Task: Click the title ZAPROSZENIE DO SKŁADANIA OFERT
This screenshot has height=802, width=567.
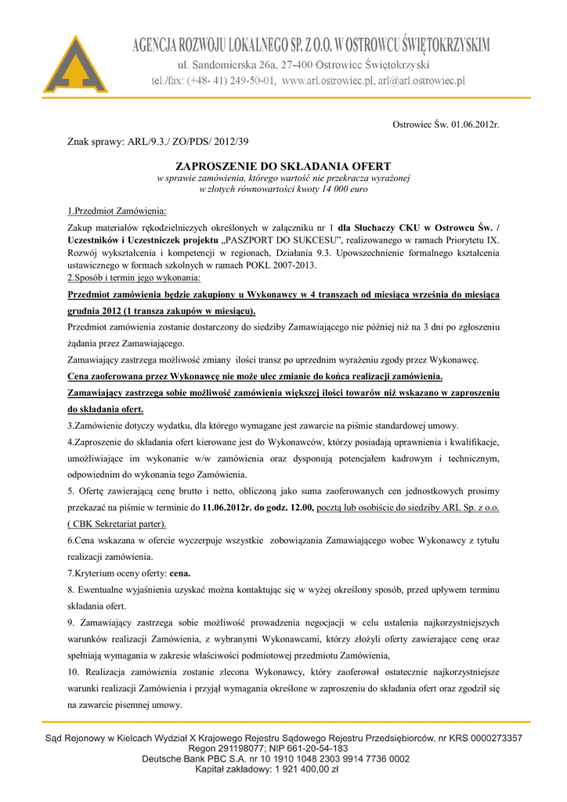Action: [283, 166]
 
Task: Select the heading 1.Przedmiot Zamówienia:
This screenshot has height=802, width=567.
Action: [116, 211]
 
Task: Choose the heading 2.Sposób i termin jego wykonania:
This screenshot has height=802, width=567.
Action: [134, 278]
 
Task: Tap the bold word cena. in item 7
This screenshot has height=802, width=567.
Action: [180, 573]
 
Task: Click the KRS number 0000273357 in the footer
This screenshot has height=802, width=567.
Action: [490, 739]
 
